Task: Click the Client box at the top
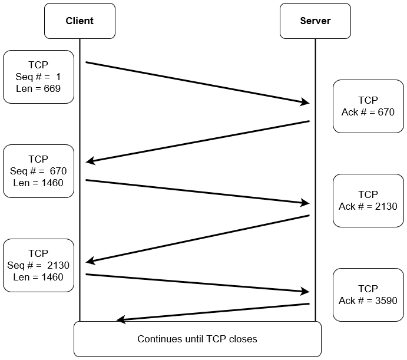point(80,21)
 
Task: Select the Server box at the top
point(315,21)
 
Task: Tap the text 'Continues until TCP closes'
point(197,339)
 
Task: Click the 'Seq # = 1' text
point(38,77)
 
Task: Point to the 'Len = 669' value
point(38,88)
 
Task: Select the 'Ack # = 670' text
point(368,112)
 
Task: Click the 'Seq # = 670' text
point(38,171)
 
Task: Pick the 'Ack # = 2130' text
point(368,206)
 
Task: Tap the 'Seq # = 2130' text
point(38,265)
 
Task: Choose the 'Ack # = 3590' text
point(368,300)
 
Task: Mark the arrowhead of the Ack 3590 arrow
point(121,320)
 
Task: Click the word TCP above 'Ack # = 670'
point(368,100)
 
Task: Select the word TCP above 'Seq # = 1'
point(38,65)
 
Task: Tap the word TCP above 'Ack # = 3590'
point(368,289)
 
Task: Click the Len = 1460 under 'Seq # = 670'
point(38,183)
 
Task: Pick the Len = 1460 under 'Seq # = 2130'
point(38,277)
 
